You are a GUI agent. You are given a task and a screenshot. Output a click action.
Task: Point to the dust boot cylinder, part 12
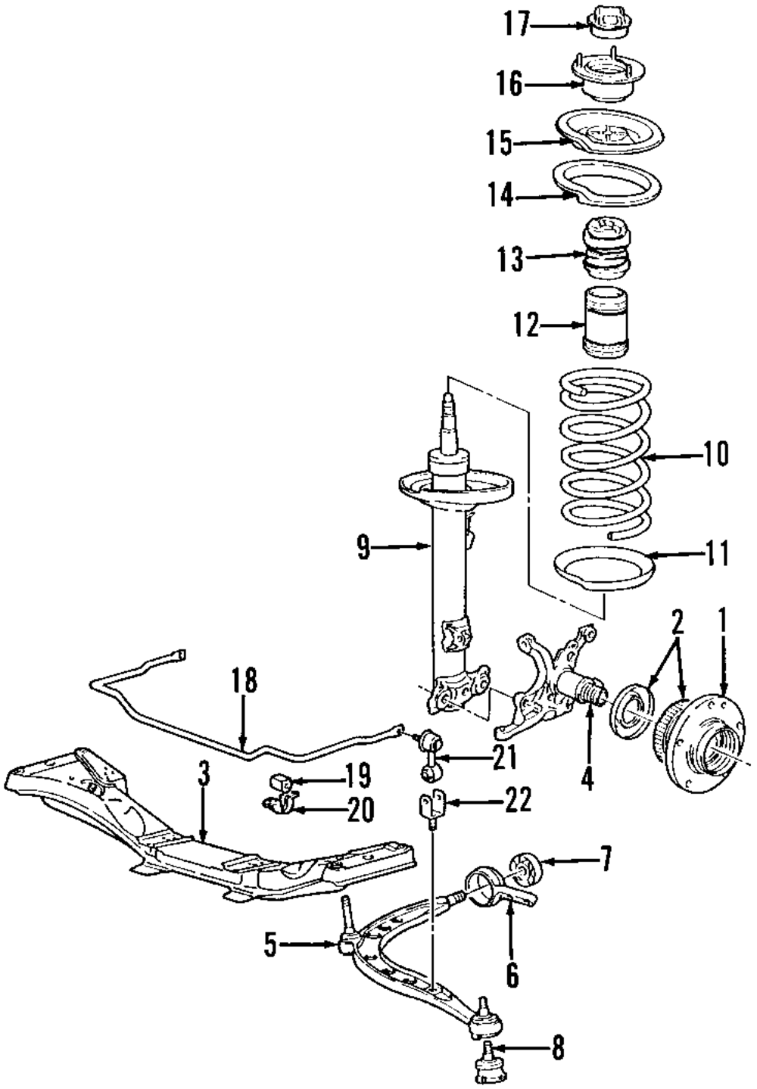point(605,323)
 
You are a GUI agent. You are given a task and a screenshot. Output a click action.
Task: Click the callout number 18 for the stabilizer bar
point(245,682)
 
